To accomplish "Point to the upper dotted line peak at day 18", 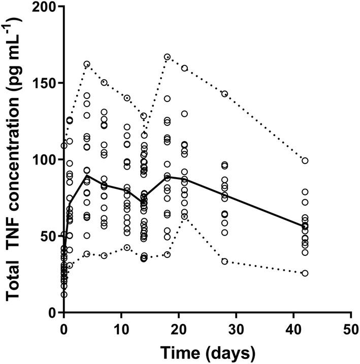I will click(167, 57).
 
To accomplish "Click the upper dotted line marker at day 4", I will click(87, 64).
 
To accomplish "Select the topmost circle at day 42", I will click(305, 160).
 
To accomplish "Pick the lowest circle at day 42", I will click(305, 273).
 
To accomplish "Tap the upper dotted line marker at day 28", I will click(224, 93).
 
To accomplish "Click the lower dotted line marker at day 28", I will click(224, 261).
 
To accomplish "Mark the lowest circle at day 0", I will click(63, 294).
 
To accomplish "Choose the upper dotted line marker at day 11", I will click(127, 98).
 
